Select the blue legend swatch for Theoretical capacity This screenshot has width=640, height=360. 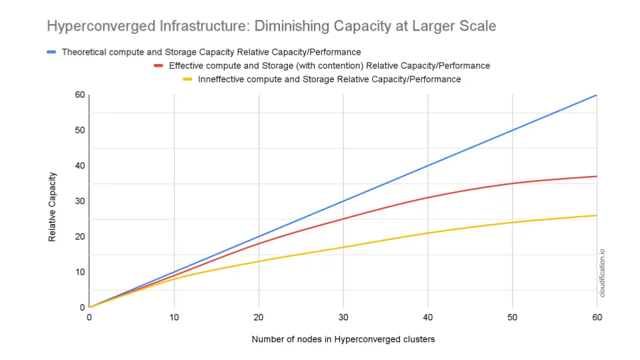tap(51, 52)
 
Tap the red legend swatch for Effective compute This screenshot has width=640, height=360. tap(159, 65)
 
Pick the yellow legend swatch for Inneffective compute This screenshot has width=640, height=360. tap(188, 79)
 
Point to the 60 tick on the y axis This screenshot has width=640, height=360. tap(79, 95)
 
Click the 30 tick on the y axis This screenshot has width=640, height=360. tap(79, 201)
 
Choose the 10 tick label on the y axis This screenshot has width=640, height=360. tap(79, 272)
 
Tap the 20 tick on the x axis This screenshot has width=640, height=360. tap(258, 317)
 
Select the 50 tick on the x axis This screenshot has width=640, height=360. tap(512, 317)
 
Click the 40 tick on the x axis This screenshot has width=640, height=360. tap(427, 317)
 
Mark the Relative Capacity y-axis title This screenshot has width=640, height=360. tap(53, 207)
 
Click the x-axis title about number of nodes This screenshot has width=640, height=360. tap(343, 339)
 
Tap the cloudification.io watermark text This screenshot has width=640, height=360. tap(603, 273)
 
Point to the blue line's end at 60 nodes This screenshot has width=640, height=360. tap(596, 95)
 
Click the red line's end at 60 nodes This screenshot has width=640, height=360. tap(596, 176)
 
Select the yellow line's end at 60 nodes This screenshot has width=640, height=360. tap(596, 215)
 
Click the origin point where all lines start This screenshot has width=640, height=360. tap(89, 307)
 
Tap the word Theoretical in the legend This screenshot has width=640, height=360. tap(85, 52)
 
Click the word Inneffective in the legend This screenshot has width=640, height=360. tap(223, 79)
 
